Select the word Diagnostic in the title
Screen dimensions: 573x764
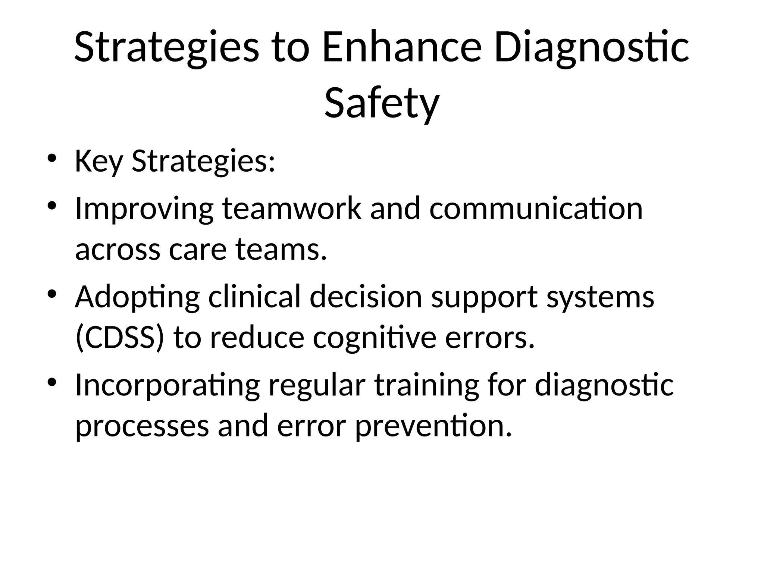[591, 48]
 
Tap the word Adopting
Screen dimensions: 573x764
[137, 297]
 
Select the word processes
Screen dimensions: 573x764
[142, 426]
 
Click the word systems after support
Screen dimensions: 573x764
[600, 297]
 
